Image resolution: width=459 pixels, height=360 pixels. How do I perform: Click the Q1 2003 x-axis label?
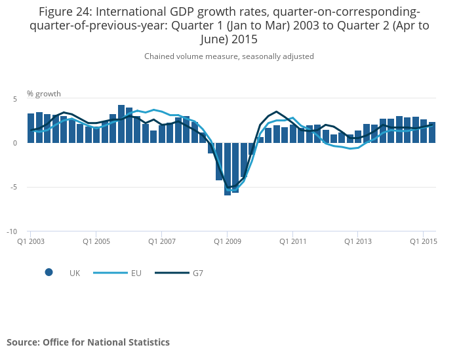click(x=30, y=241)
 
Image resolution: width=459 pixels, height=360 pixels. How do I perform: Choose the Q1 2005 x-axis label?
click(x=96, y=241)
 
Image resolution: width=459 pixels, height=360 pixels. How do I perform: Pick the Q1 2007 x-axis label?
click(x=161, y=241)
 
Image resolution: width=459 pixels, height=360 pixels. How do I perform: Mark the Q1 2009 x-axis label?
click(x=227, y=241)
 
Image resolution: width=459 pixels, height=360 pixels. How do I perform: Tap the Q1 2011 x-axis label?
click(x=292, y=241)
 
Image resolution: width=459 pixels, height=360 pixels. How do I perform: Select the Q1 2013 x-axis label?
click(x=358, y=241)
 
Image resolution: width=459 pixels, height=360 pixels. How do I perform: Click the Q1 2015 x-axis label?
click(x=424, y=241)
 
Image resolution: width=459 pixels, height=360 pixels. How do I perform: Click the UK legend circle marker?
click(x=49, y=273)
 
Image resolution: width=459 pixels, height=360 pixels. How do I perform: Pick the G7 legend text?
click(x=197, y=273)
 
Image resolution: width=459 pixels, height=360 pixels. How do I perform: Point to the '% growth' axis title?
click(x=43, y=93)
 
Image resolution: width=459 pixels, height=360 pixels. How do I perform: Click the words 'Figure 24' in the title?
click(x=65, y=12)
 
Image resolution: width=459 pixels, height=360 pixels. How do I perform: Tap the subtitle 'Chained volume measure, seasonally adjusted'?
click(x=229, y=56)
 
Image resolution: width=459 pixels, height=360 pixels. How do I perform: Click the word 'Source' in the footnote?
click(x=22, y=342)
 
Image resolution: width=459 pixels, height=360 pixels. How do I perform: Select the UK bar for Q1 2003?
click(x=31, y=129)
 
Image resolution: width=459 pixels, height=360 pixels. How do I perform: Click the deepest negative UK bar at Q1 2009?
click(x=228, y=169)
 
